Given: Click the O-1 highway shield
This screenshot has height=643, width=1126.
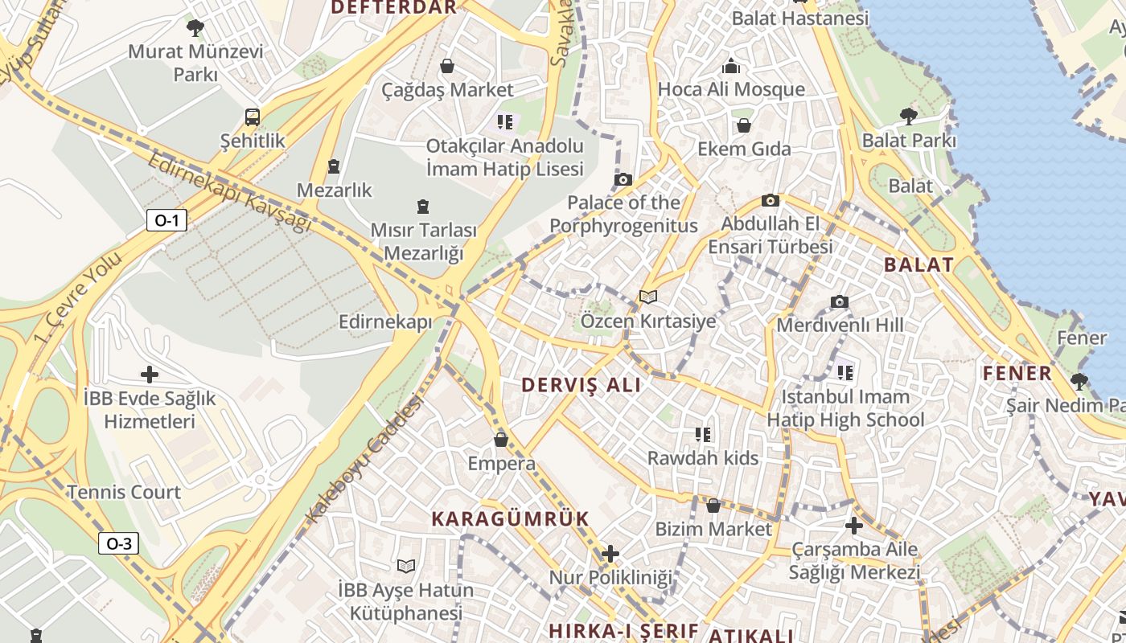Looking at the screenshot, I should [x=166, y=220].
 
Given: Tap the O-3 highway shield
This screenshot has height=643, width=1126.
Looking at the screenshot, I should [x=118, y=543].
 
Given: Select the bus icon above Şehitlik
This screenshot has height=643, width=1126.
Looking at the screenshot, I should [x=253, y=117].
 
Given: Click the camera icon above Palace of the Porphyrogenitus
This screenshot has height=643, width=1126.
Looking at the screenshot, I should [x=623, y=179].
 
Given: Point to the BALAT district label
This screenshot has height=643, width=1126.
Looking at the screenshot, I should [x=918, y=264].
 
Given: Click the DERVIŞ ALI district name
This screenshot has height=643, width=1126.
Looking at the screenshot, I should [x=581, y=385].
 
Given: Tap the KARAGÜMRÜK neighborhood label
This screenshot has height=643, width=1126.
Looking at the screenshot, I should [x=511, y=518].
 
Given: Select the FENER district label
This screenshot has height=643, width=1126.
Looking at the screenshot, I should [x=1017, y=373].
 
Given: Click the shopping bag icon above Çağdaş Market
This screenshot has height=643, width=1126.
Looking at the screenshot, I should [x=447, y=66].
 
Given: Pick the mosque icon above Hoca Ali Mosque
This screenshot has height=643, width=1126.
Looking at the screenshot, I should [x=731, y=66].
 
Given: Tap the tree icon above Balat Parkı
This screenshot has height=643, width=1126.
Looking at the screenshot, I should [x=909, y=117].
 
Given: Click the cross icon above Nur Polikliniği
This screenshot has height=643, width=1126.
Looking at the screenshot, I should [x=610, y=554].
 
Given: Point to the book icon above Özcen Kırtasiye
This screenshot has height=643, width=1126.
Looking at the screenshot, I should [x=648, y=297].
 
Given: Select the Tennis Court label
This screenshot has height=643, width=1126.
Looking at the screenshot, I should [x=124, y=492].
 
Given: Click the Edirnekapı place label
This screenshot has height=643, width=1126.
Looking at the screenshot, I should [x=385, y=322].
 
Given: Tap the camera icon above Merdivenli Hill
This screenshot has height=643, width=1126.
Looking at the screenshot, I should [x=840, y=302].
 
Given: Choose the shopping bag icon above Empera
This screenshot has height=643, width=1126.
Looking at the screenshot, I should [x=501, y=440].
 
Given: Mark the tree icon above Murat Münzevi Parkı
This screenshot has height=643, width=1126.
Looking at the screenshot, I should [x=195, y=29].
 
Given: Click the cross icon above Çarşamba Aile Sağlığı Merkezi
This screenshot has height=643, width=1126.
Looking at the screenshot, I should [x=854, y=526].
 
